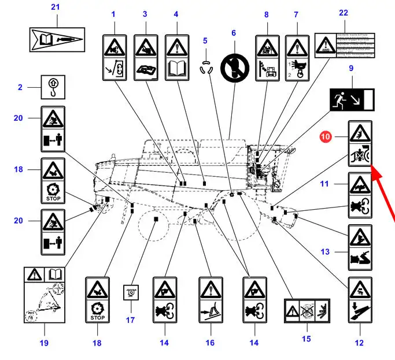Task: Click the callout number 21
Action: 56,8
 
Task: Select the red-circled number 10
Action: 326,137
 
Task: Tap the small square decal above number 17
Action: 131,293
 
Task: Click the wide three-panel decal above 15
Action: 307,311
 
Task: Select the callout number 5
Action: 205,40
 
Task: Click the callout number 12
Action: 359,343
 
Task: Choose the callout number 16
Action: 210,343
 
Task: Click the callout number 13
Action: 324,251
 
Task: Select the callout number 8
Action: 267,14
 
